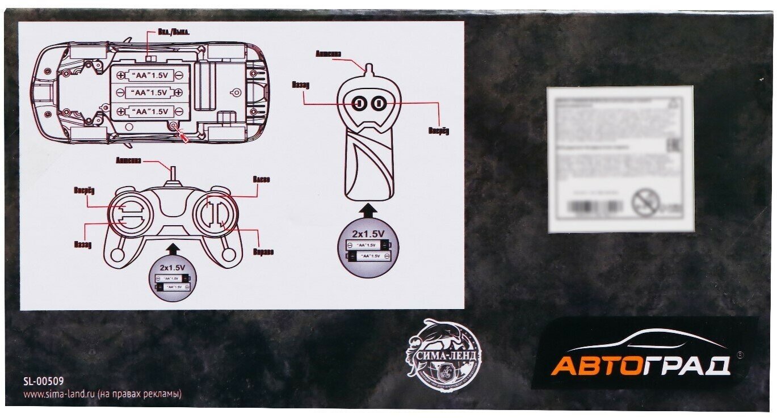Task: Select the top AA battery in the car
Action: pos(151,74)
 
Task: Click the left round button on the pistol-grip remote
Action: pos(359,103)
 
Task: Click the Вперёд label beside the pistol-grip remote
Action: pos(438,131)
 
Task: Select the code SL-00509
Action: pos(43,382)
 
